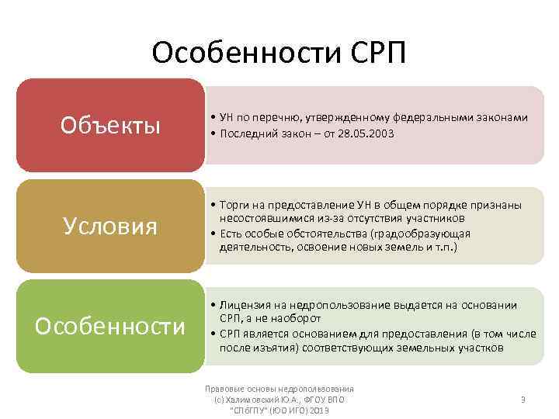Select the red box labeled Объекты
coord(111,125)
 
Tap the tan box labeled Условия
coord(111,226)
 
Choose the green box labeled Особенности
coord(111,327)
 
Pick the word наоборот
coord(294,319)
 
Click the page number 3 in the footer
coord(523,400)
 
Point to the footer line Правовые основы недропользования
coord(279,389)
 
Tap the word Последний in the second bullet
coord(246,133)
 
